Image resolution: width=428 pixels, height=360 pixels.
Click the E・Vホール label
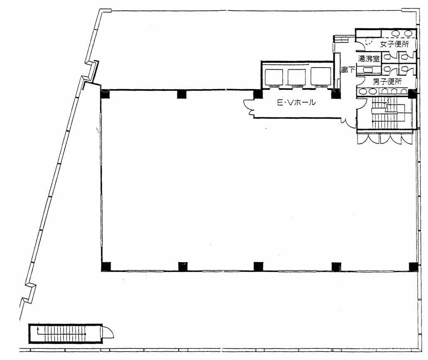(x=296, y=103)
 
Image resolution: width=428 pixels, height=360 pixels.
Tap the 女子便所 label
(x=394, y=44)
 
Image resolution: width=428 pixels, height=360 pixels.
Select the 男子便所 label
(x=387, y=81)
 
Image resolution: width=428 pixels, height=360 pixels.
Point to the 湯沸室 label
(x=369, y=59)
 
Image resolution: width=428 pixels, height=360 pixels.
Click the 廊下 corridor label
(x=348, y=71)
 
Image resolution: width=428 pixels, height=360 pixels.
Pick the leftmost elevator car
(x=274, y=77)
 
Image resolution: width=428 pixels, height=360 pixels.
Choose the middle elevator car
(x=296, y=77)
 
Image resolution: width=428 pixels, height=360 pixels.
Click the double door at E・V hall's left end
(x=249, y=107)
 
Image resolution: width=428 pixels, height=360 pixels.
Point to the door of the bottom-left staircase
(x=107, y=332)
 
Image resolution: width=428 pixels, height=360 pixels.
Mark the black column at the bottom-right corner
(x=413, y=267)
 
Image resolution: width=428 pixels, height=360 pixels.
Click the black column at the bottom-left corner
(x=106, y=267)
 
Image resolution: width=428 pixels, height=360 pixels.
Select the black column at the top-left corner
(x=105, y=94)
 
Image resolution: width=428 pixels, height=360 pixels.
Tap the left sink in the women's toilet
(x=396, y=33)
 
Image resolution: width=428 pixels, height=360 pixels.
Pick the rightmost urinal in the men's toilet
(x=402, y=91)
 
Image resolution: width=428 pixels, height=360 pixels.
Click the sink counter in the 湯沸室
(x=368, y=71)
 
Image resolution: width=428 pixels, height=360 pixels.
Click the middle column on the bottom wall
(x=258, y=267)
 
